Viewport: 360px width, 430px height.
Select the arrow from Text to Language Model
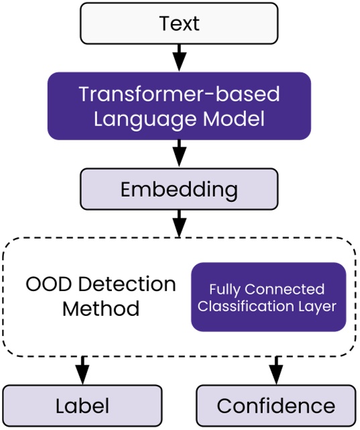pyautogui.click(x=179, y=58)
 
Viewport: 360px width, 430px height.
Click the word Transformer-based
pyautogui.click(x=179, y=93)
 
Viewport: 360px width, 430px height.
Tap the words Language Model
pyautogui.click(x=179, y=119)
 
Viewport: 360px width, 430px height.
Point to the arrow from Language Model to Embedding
pyautogui.click(x=179, y=154)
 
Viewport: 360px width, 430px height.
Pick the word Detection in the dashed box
pyautogui.click(x=127, y=284)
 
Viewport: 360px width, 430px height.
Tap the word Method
pyautogui.click(x=101, y=309)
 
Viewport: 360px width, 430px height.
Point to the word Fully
pyautogui.click(x=224, y=290)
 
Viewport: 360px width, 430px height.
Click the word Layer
pyautogui.click(x=318, y=307)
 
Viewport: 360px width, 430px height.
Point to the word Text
pyautogui.click(x=179, y=23)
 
